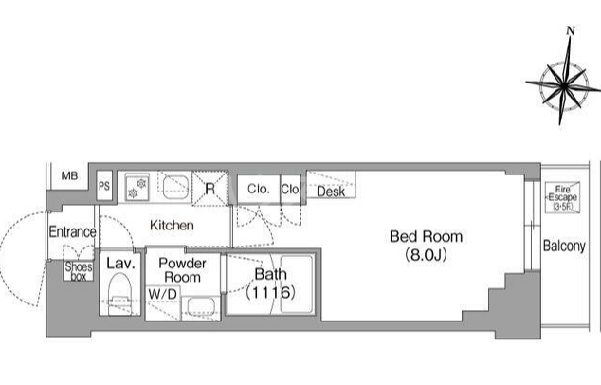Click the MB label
pos(70,176)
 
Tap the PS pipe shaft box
pos(104,186)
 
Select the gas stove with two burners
pos(137,188)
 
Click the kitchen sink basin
pos(175,187)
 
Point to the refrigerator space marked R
pos(209,189)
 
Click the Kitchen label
pos(172,225)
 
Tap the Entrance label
pos(72,231)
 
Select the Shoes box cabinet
pos(79,270)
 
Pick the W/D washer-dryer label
pos(162,294)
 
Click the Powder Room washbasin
pos(200,307)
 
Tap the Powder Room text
pos(182,270)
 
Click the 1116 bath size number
pos(270,293)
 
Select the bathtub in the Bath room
pos(296,284)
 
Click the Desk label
pos(331,192)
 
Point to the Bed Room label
pos(426,237)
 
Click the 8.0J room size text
pos(426,255)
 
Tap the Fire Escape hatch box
pos(562,198)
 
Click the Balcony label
pos(564,246)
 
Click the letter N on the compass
pos(571,30)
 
